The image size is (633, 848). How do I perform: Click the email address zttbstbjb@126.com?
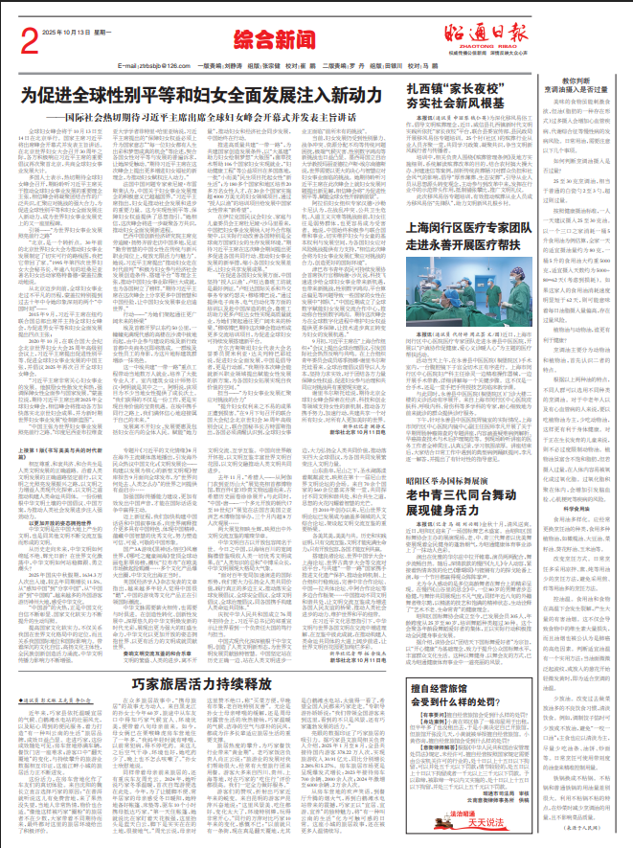point(150,65)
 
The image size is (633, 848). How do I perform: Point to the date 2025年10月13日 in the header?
point(75,32)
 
